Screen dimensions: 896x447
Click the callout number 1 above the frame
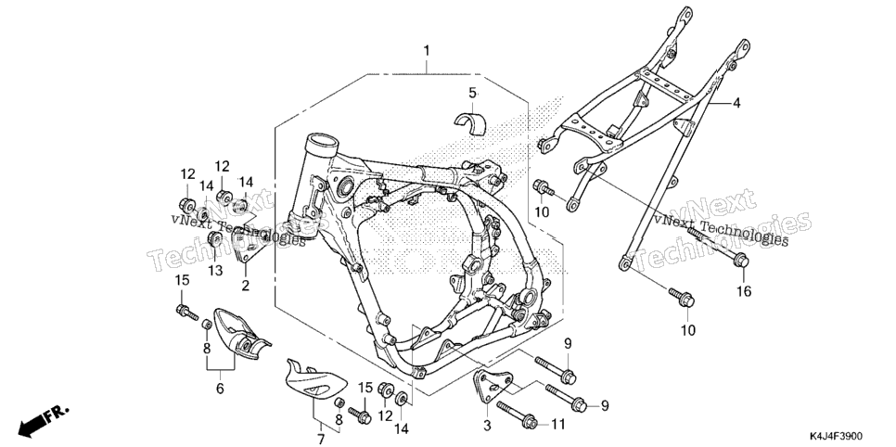coord(427,51)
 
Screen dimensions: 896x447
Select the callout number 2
coord(245,286)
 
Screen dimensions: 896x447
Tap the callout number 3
coord(487,426)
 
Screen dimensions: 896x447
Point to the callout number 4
coord(736,103)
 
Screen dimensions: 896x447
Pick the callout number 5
coord(472,93)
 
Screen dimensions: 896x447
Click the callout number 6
coord(220,389)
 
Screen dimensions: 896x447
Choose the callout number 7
coord(321,439)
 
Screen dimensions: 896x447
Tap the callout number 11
coord(557,424)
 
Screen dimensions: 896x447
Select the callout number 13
coord(215,271)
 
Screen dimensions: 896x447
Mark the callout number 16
coord(744,291)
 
